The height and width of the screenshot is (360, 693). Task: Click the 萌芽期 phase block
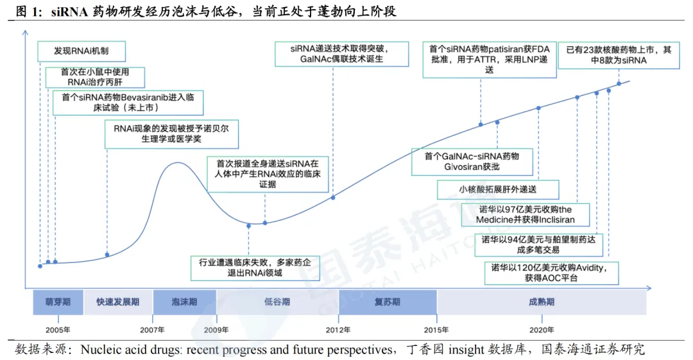coord(58,302)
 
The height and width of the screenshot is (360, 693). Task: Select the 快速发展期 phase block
coord(118,302)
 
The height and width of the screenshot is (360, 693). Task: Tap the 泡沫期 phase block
coord(185,302)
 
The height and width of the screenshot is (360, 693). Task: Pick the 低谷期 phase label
coord(277,302)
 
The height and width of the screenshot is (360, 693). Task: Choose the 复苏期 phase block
coord(388,302)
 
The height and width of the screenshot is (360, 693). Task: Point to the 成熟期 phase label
coord(542,302)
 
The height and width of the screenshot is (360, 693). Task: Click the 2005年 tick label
coord(58,330)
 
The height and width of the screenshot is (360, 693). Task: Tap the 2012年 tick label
coord(338,330)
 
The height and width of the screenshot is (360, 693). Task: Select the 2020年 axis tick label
coord(542,330)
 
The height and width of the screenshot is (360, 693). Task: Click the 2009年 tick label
coord(216,330)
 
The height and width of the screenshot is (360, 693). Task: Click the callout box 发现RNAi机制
coord(81,51)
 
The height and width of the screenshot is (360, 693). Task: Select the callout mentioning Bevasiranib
coord(128,103)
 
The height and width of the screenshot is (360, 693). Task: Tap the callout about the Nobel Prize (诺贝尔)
coord(171,134)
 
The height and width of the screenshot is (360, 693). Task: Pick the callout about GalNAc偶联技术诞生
coord(341,54)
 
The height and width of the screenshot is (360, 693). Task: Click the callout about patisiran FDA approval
coord(489,60)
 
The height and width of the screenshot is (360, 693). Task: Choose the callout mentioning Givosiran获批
coord(472,162)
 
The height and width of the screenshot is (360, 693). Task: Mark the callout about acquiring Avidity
coord(551,273)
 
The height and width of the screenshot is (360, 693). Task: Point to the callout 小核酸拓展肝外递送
coord(498,190)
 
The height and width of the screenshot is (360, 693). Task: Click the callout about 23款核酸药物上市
coord(619,55)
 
